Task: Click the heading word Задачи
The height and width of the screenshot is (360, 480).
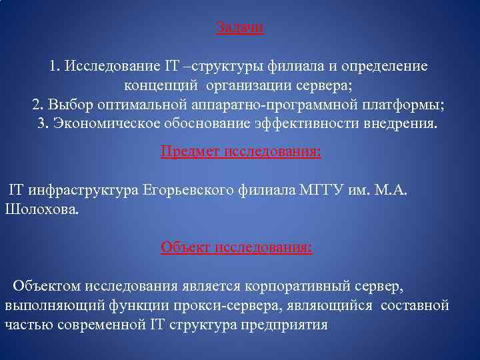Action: coord(240,28)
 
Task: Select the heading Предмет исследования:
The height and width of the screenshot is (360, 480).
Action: coord(241,152)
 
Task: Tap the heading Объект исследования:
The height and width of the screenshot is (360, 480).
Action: coord(236,247)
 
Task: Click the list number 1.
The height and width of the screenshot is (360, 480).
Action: coord(54,67)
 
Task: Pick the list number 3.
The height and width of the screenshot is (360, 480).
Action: coord(43,124)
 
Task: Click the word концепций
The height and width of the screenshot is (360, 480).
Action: coord(162,87)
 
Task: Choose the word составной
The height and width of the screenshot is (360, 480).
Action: coord(415,305)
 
